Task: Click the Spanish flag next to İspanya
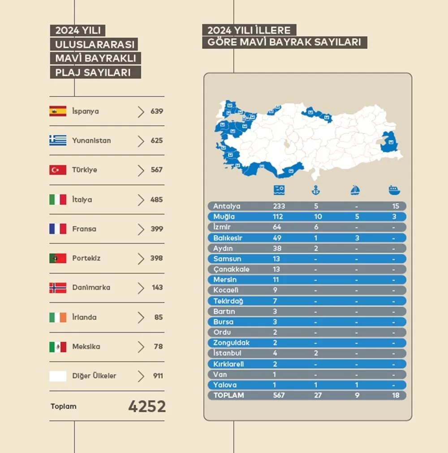(58, 111)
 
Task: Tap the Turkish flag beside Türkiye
(58, 170)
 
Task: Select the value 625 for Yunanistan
(156, 141)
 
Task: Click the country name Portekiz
(86, 258)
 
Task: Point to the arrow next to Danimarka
(141, 288)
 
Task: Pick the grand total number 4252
(147, 406)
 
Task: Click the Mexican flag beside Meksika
(58, 347)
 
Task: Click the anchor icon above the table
(316, 190)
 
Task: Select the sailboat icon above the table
(355, 190)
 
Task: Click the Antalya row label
(227, 206)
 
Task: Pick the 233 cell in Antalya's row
(279, 206)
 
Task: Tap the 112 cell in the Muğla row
(278, 217)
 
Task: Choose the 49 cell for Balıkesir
(277, 238)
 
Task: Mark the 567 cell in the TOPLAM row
(279, 396)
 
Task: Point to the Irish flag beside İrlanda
(58, 317)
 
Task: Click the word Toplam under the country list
(64, 406)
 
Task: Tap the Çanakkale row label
(231, 269)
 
